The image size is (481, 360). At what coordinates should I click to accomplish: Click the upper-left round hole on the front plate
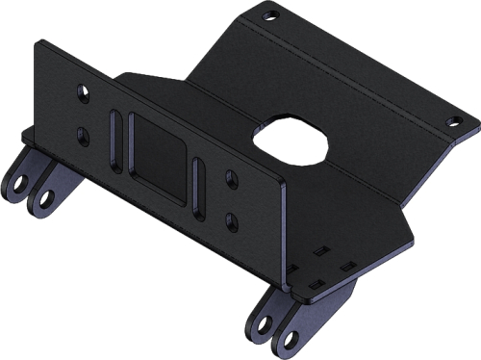pos(84,93)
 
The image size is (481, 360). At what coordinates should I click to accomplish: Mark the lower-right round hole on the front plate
pos(231,219)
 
